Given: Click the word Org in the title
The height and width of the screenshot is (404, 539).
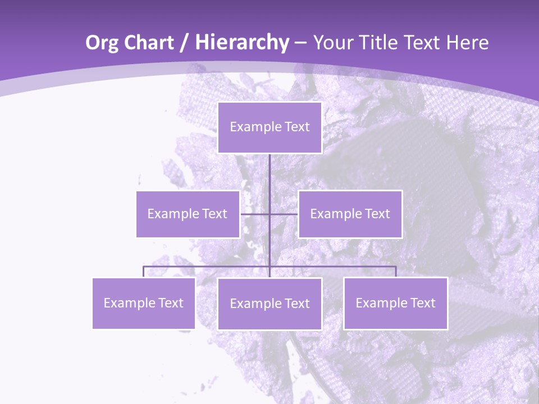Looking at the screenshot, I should coord(103,43).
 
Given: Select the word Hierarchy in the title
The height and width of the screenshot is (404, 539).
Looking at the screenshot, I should coord(241,43).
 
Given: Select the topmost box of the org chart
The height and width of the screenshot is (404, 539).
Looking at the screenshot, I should coord(269,127).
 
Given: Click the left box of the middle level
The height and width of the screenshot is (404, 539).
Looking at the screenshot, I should coord(188,214).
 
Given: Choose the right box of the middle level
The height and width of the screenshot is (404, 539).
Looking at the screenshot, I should coord(350,214).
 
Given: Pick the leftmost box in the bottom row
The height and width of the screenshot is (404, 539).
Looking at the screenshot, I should coord(144,303).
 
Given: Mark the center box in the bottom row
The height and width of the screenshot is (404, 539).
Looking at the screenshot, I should coord(269,304).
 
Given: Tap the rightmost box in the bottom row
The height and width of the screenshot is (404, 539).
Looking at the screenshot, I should coord(395,303).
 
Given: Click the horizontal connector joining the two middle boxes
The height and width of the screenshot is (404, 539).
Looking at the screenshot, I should coord(284,214).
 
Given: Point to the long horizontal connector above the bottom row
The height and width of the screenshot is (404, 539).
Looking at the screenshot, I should coord(208,267).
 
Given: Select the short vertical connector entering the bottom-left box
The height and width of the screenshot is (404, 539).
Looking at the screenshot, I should coord(144,272).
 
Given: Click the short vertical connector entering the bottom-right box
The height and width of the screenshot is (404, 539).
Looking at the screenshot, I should coord(396,272).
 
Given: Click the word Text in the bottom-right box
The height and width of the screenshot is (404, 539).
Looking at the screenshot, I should coord(422,303).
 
